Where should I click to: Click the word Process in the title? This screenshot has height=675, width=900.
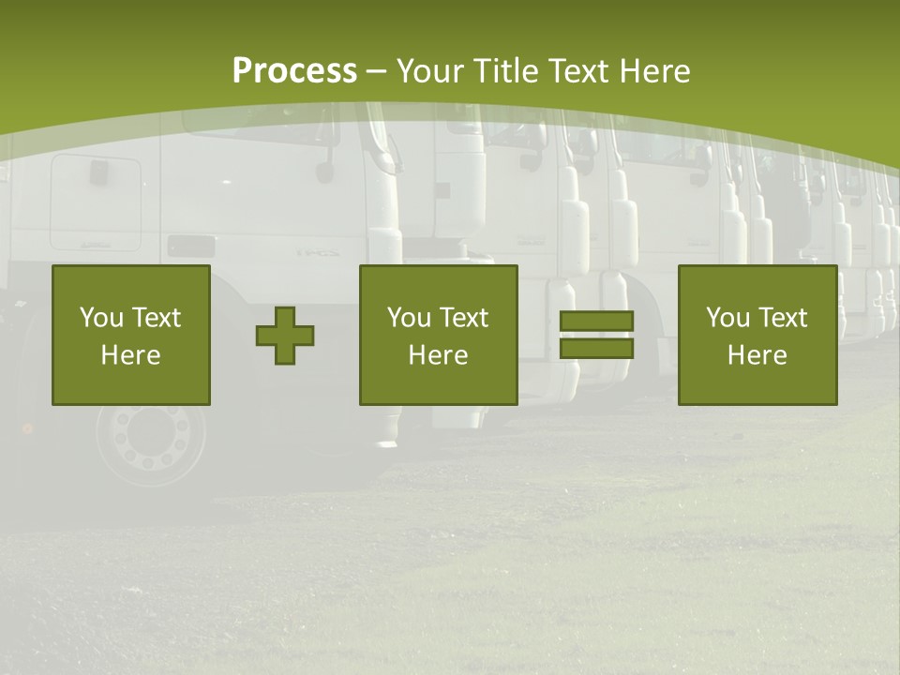coord(294,71)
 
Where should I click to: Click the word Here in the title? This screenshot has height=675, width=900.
coord(656,71)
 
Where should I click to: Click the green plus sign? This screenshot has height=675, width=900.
coord(285,336)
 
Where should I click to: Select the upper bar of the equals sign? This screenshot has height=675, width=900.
coord(596,322)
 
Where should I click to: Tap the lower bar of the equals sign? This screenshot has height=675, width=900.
coord(596,348)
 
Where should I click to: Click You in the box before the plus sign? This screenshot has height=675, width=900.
coord(100,318)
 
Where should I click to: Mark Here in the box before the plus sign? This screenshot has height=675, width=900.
coord(130,355)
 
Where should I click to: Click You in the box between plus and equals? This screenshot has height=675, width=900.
coord(409,318)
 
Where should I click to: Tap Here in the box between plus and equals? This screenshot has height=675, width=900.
coord(438,355)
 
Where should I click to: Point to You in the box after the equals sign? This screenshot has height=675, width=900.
coord(727,318)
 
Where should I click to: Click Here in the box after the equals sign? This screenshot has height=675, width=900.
coord(757,355)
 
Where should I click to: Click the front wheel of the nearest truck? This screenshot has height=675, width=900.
coord(150,439)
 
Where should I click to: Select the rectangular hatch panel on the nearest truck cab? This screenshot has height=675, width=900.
coord(96,202)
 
